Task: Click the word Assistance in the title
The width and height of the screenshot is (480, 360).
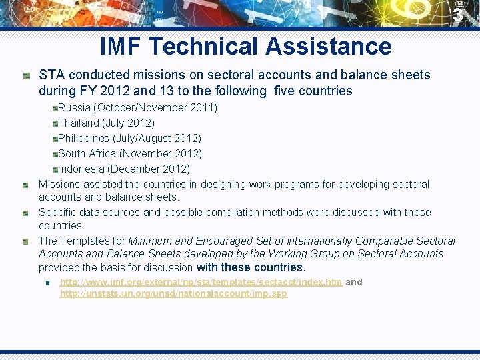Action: point(328,47)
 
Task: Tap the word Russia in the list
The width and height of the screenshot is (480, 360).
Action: point(75,107)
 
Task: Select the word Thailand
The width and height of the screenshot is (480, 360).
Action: point(78,123)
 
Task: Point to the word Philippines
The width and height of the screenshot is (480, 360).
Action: point(83,138)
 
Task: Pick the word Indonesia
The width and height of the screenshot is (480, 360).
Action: point(82,169)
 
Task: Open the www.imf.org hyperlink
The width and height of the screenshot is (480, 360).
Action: point(201,282)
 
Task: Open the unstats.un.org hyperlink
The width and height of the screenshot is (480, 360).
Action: point(173,293)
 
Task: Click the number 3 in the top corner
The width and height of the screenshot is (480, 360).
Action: point(457,15)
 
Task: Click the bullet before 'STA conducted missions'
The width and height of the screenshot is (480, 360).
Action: point(25,75)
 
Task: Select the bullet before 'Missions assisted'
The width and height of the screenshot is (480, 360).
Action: point(25,185)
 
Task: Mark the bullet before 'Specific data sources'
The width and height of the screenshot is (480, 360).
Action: point(25,213)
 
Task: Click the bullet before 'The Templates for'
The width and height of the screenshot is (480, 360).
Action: point(25,241)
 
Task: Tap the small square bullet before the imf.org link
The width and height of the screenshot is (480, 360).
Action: point(48,283)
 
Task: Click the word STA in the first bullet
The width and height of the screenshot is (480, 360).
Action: point(51,75)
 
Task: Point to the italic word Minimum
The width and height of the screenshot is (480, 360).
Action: point(150,241)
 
